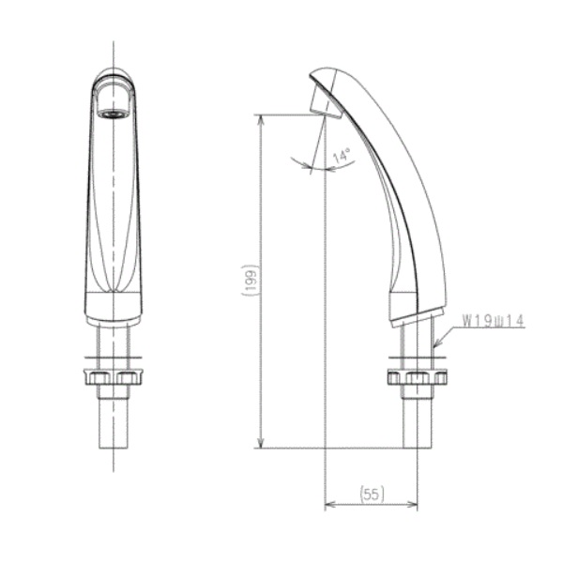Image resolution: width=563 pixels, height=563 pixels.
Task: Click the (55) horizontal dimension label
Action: tap(372, 495)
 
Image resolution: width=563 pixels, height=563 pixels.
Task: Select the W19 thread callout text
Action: tap(493, 320)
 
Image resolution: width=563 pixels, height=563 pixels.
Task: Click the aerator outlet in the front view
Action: tap(114, 114)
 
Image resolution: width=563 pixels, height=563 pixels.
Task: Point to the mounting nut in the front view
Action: tap(114, 377)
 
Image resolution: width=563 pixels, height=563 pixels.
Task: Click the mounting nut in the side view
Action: tap(418, 378)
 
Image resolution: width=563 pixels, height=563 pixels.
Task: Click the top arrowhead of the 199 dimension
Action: tap(262, 119)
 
